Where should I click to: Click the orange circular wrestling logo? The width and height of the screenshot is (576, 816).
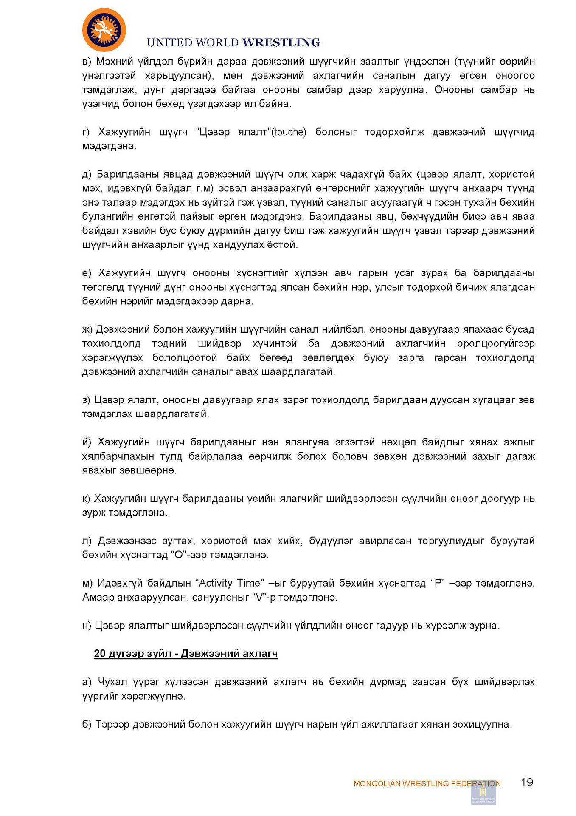[x=104, y=30]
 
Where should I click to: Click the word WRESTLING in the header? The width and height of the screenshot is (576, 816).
[x=281, y=42]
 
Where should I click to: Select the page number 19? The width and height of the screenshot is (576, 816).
[x=527, y=782]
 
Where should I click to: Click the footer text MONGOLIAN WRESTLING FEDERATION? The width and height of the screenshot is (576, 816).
[x=427, y=784]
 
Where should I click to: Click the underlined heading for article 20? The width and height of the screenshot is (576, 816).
[x=185, y=653]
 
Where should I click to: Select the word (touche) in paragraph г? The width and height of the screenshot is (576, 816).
[x=289, y=132]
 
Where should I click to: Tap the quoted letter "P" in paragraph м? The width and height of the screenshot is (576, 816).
[x=437, y=583]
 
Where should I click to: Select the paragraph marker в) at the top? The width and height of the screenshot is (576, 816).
[x=87, y=62]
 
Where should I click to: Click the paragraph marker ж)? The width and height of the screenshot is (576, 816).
[x=87, y=329]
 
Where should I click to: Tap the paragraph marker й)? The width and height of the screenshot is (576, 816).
[x=87, y=442]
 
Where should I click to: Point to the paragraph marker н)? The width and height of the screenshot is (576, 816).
[x=87, y=626]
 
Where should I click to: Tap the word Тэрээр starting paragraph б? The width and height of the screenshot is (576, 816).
[x=112, y=724]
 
